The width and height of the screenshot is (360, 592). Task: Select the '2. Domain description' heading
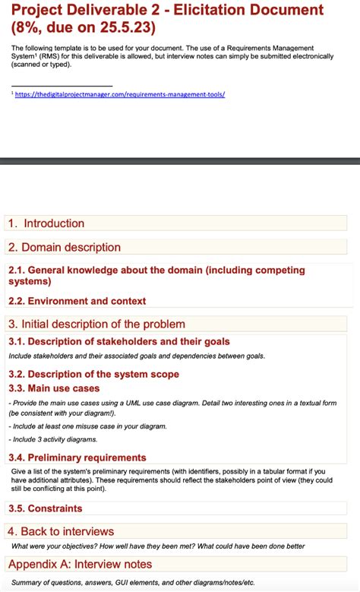point(64,247)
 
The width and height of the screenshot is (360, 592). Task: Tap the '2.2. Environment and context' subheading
point(77,301)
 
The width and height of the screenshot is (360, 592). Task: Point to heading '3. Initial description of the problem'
point(96,324)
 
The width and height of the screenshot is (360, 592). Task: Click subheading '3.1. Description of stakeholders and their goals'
point(118,342)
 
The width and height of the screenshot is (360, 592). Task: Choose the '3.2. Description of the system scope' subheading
point(93,374)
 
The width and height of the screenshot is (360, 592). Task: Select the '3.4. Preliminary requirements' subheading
point(77,457)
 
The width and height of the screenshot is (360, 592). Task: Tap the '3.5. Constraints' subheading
point(45,508)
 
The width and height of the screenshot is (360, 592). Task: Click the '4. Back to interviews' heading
point(61,531)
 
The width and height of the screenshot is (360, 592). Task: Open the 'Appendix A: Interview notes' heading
point(80,564)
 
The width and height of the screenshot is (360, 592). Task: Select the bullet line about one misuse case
point(87,426)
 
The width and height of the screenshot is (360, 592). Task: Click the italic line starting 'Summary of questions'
point(133,582)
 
